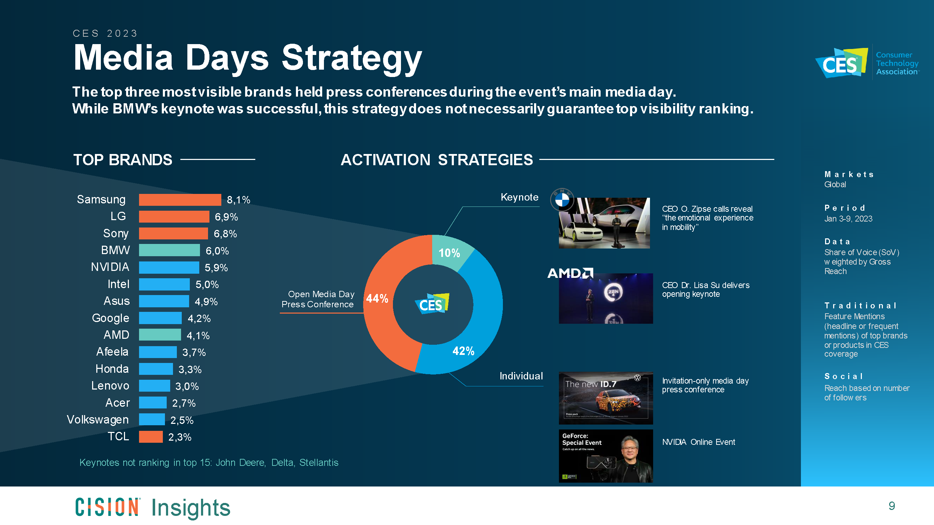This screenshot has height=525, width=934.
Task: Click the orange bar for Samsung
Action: [x=180, y=199]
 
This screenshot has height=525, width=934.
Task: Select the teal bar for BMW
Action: [x=169, y=250]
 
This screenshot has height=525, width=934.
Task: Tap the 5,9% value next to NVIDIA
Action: [x=216, y=268]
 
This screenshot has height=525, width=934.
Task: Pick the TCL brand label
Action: [x=118, y=436]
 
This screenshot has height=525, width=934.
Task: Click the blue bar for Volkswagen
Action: [x=152, y=420]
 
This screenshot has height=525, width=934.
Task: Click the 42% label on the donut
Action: [x=463, y=351]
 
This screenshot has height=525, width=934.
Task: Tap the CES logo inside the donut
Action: [x=432, y=303]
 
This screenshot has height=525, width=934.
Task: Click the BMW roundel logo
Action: [x=562, y=199]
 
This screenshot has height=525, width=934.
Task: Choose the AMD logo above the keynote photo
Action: [x=570, y=273]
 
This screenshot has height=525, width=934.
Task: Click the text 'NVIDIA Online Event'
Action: [x=698, y=442]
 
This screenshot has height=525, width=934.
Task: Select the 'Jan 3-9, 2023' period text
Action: [x=848, y=219]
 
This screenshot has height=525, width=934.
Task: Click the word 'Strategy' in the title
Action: [x=352, y=58]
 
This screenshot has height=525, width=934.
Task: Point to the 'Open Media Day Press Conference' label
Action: [x=318, y=299]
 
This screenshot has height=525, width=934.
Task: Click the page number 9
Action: [x=892, y=506]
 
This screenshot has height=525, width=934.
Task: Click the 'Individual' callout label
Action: [x=521, y=376]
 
